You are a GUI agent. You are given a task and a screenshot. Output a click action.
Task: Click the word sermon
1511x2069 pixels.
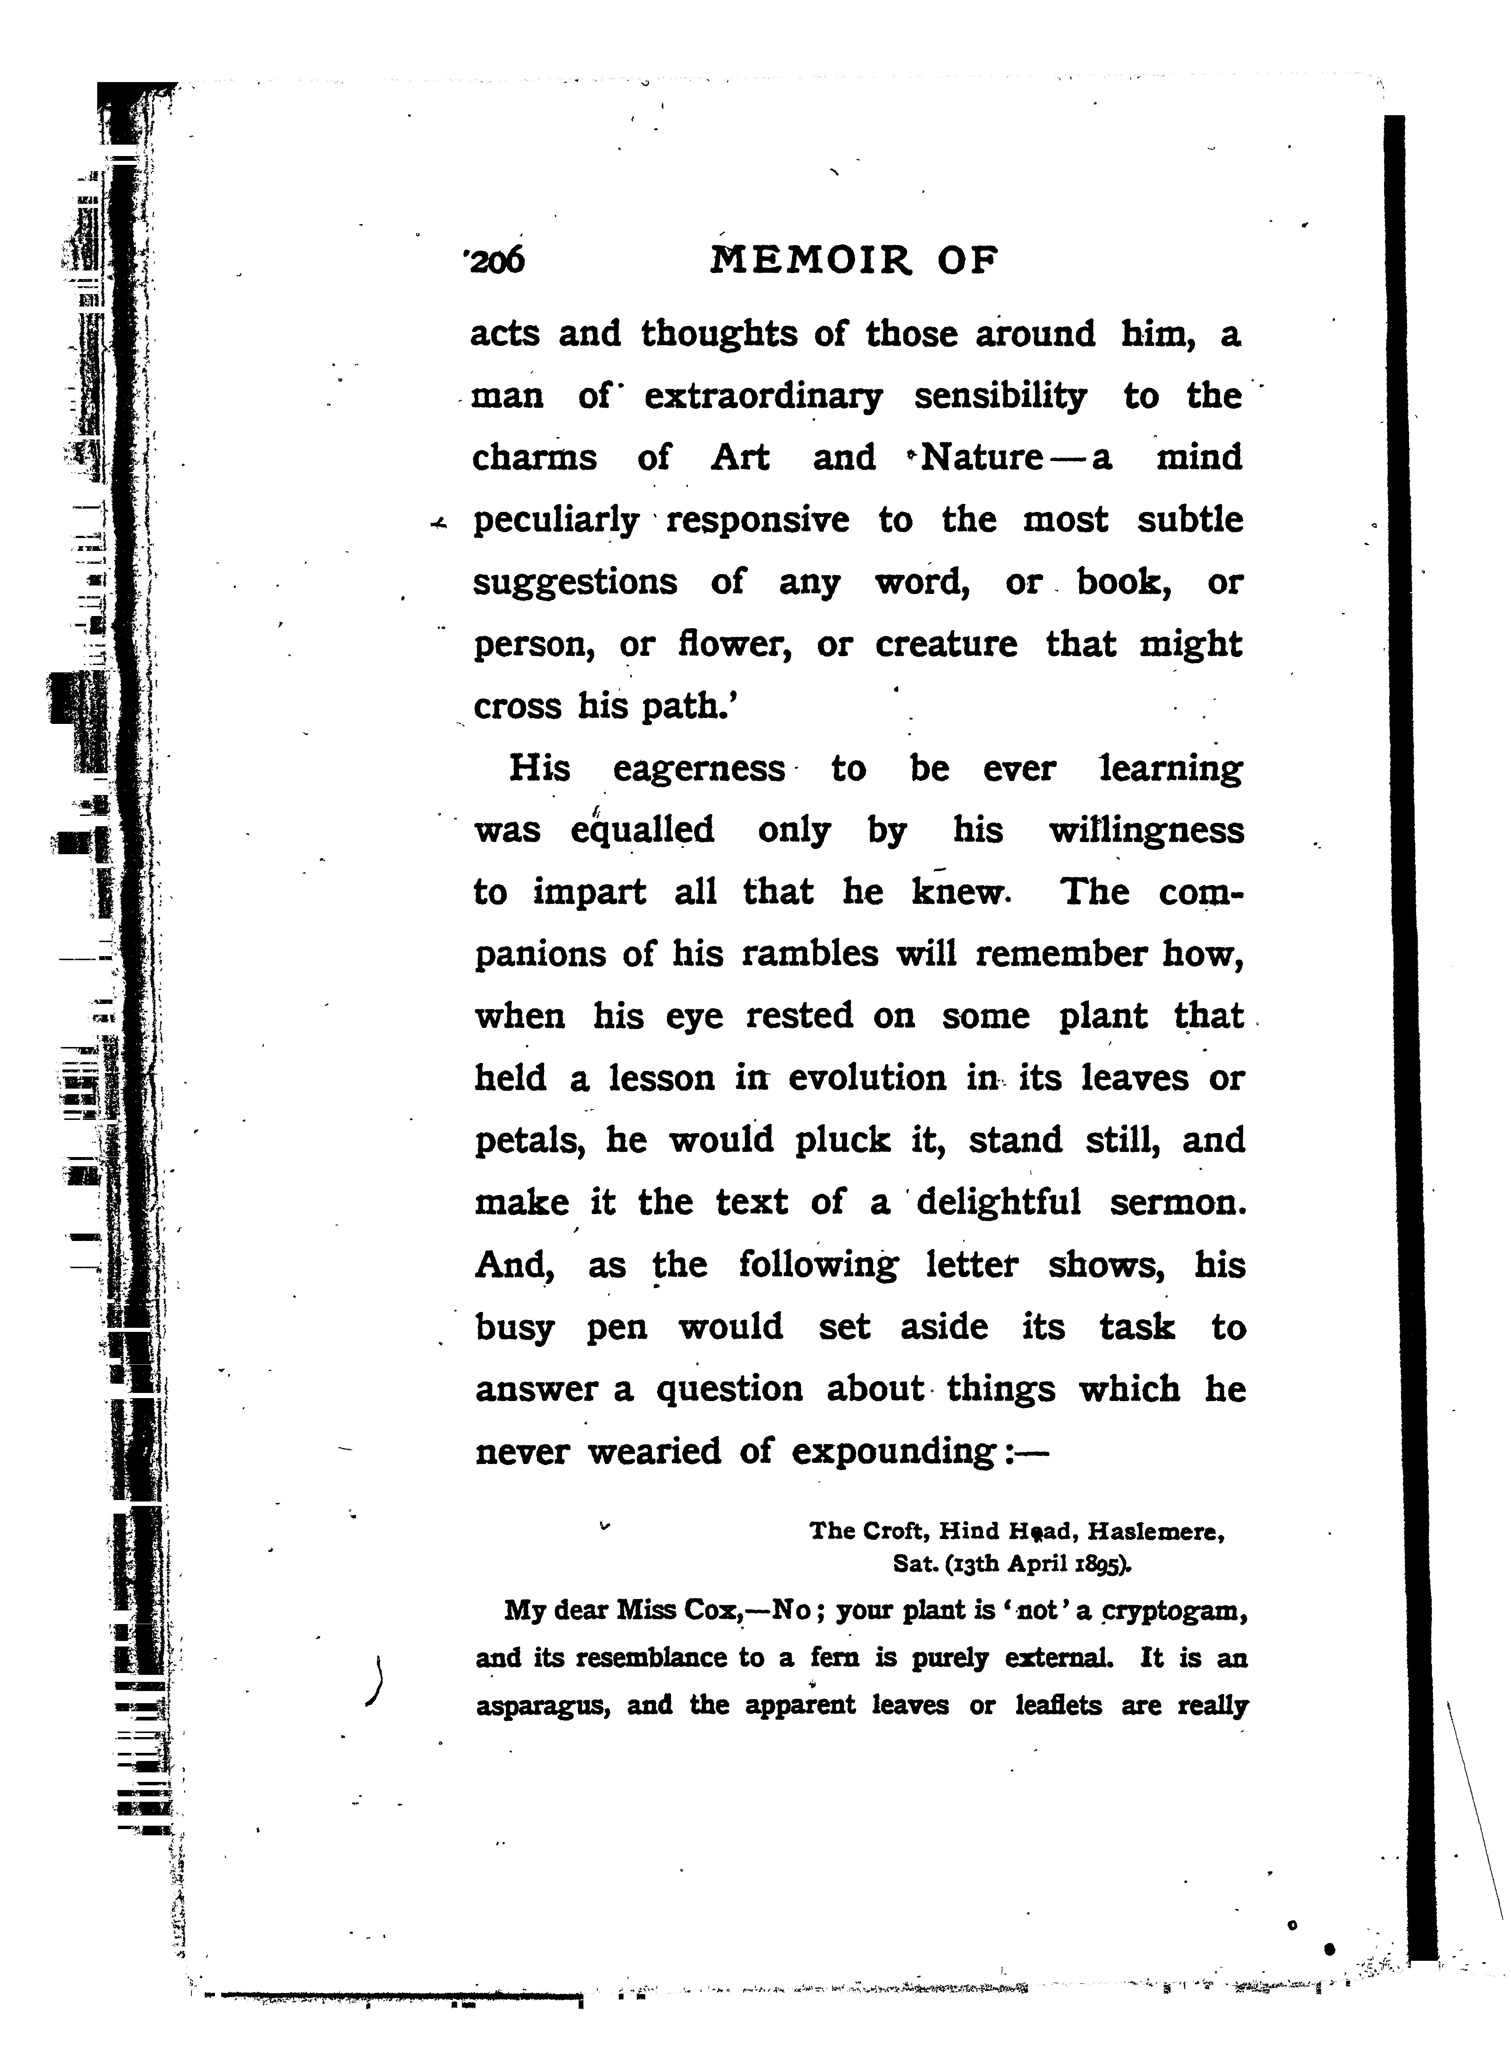pos(1177,1202)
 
